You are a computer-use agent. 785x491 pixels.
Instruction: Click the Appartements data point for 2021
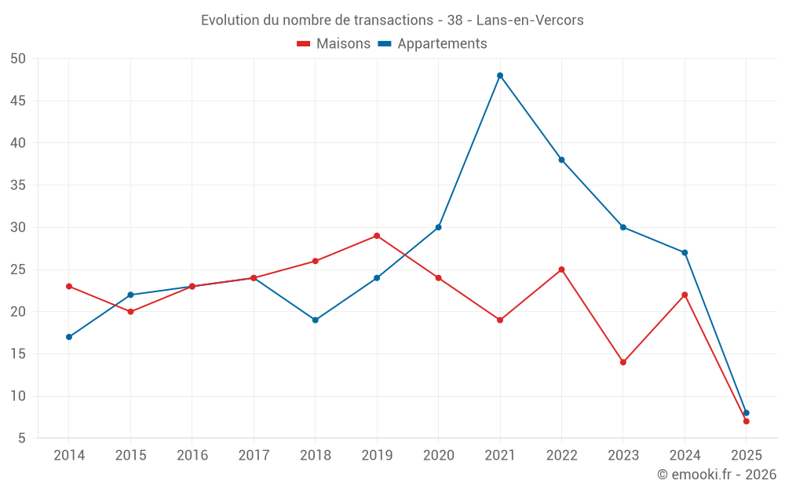tap(500, 75)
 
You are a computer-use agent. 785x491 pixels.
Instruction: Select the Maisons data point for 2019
tap(377, 236)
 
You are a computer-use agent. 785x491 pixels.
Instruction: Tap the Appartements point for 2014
tap(69, 337)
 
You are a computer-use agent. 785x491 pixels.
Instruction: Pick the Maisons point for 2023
tap(623, 362)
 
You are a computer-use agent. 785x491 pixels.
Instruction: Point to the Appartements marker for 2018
tap(316, 320)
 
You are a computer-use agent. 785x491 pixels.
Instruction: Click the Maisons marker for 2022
tap(561, 269)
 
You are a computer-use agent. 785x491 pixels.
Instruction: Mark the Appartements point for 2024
tap(685, 253)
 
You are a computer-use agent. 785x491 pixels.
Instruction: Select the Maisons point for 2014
tap(69, 286)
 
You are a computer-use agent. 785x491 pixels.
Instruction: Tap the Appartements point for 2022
tap(561, 159)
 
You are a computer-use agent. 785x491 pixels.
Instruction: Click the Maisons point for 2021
tap(500, 320)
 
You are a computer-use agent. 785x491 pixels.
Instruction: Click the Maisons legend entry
tap(334, 44)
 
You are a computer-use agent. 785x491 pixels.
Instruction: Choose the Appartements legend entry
tap(433, 44)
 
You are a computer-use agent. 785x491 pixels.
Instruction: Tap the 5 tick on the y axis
tap(23, 438)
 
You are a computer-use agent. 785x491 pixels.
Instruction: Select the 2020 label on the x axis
tap(438, 455)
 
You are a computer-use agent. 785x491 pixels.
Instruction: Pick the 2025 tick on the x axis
tap(746, 455)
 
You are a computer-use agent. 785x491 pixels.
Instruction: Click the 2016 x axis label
tap(192, 455)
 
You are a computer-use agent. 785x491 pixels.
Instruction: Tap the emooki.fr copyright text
tap(716, 475)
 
